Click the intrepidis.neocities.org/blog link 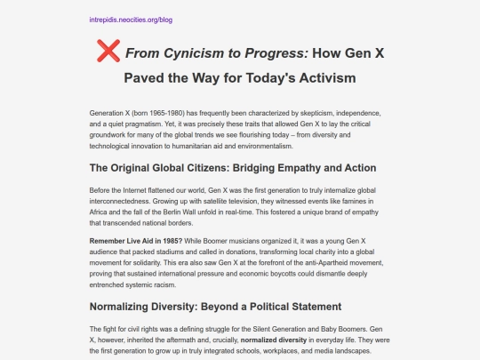point(132,19)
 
